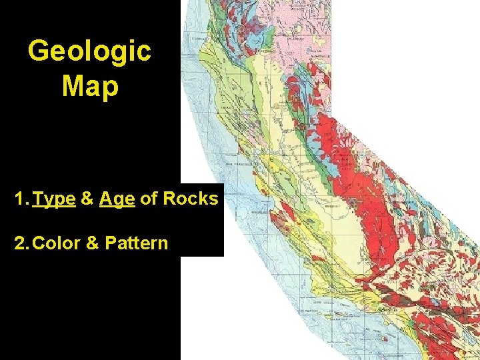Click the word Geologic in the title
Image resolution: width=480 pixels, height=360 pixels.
coord(90,51)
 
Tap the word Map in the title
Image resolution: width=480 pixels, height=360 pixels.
coord(90,86)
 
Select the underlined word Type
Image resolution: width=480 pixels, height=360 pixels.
coord(54,199)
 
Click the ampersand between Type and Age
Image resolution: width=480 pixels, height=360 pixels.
coord(87,199)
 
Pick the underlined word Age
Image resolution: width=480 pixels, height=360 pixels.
coord(117,199)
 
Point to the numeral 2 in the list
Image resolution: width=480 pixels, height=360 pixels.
coord(19,243)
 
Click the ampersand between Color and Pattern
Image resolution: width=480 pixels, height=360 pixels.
coord(93,243)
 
